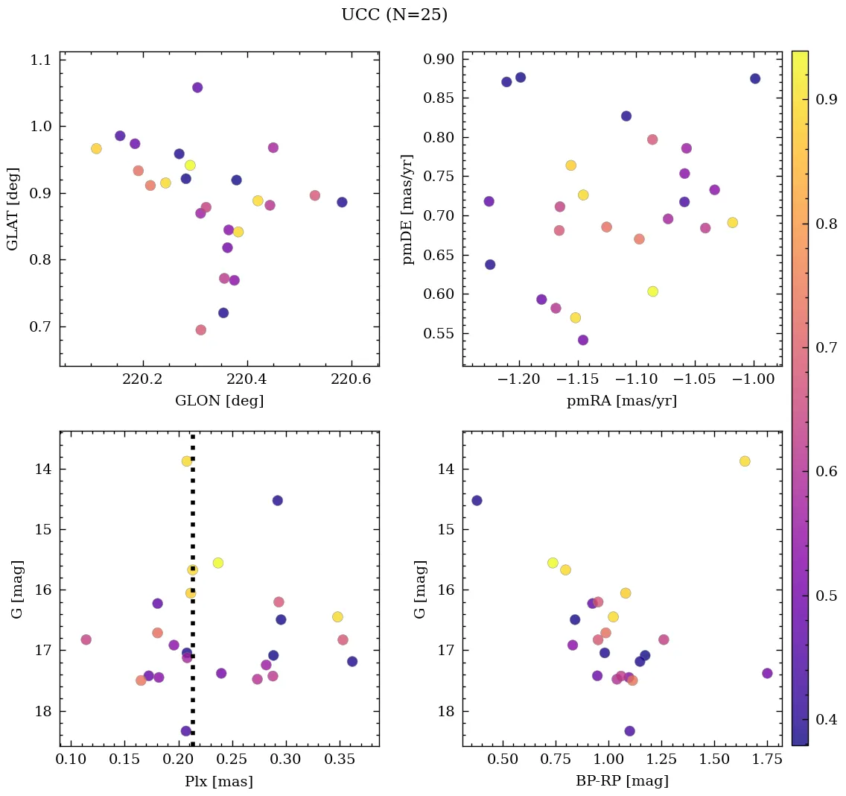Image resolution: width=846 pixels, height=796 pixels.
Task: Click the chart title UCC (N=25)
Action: [x=394, y=15]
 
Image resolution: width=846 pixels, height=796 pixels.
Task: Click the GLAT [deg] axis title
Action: [x=13, y=209]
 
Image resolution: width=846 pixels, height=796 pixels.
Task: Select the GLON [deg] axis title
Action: [x=219, y=401]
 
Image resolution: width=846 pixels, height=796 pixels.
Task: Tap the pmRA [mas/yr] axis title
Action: [x=621, y=401]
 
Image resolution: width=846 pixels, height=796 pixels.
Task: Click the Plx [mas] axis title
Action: [x=219, y=781]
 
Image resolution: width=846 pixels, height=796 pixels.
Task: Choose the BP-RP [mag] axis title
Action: [x=621, y=781]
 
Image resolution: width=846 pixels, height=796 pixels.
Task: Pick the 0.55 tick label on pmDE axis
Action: [x=438, y=333]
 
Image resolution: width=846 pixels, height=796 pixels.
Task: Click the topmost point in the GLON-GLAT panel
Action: [x=197, y=87]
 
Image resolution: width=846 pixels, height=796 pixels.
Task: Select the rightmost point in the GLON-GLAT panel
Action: [x=342, y=202]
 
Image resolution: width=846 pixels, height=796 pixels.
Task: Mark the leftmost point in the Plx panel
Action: [x=86, y=639]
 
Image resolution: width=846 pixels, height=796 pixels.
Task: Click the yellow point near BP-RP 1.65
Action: [x=745, y=461]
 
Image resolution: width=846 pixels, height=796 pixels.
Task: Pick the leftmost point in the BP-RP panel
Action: [x=477, y=500]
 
